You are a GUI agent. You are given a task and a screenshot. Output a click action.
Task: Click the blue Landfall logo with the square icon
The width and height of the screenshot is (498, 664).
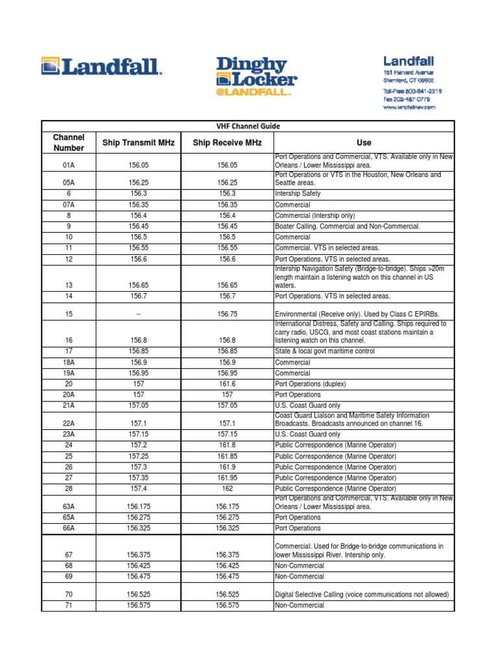(101, 66)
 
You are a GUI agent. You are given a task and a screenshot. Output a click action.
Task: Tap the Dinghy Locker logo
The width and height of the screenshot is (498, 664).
(256, 76)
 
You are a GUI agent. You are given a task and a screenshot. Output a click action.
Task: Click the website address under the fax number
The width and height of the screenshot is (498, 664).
(409, 108)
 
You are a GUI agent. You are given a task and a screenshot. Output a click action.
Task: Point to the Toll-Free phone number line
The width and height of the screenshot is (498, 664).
(412, 91)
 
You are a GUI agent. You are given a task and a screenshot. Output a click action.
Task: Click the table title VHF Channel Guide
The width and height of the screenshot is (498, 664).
(248, 126)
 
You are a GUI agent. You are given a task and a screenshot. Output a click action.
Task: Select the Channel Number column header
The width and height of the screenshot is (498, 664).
(69, 143)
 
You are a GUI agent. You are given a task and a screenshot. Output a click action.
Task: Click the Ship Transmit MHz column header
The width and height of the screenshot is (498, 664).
(138, 143)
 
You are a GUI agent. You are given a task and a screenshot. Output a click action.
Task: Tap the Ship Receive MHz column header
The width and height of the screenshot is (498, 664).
(227, 143)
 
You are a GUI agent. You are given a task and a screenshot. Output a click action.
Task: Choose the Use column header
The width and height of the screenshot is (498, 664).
(364, 143)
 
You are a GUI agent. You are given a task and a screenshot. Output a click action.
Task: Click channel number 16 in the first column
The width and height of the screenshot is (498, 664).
(69, 340)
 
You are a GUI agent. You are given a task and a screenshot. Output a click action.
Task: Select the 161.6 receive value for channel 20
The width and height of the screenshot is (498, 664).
(227, 384)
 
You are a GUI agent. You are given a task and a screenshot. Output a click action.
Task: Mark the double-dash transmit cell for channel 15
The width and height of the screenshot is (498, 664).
(138, 314)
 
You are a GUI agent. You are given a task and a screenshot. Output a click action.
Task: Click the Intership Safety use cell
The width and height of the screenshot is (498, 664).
(298, 194)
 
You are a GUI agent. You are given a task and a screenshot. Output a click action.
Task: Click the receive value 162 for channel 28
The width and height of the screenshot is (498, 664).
(227, 488)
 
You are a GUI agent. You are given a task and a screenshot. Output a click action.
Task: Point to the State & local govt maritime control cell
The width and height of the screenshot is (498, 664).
(324, 351)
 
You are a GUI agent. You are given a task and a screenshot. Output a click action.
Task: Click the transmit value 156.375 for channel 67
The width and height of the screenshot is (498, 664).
(138, 555)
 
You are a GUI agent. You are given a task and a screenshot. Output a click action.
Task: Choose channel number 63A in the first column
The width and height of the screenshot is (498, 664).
(69, 507)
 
